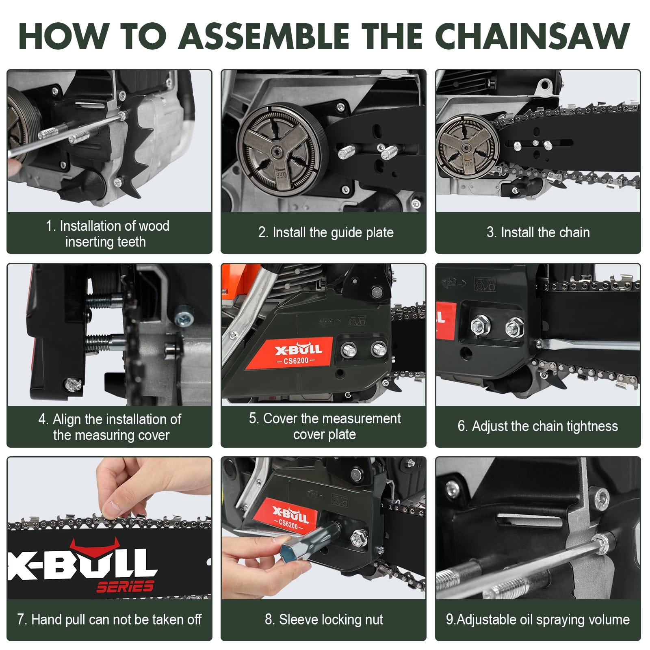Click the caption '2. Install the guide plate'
click(326, 232)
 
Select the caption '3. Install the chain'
click(538, 232)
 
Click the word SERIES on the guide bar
click(125, 587)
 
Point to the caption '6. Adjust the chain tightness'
click(537, 426)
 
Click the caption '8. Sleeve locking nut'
click(324, 620)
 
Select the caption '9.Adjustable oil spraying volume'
click(537, 620)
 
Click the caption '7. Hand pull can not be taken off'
click(109, 620)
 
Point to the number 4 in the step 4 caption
click(42, 419)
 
